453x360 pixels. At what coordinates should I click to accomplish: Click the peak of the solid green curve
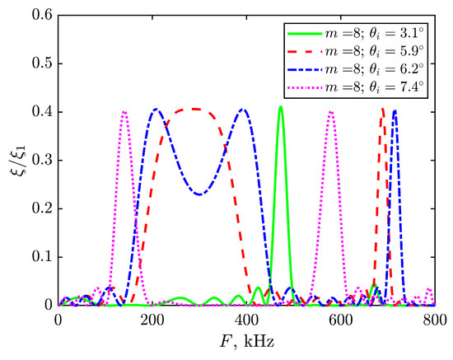[x=280, y=106]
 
